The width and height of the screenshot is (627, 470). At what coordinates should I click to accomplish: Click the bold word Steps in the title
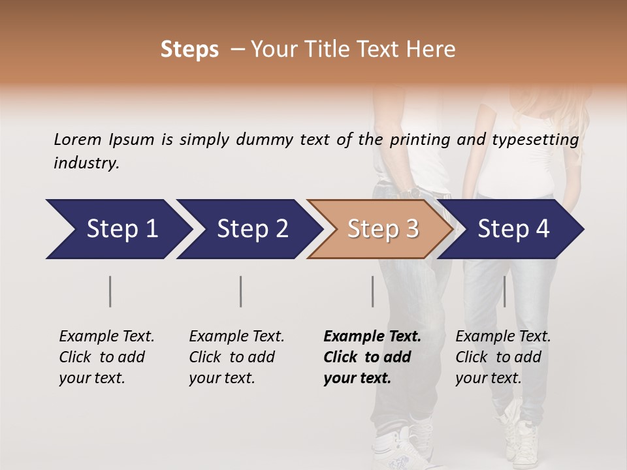pyautogui.click(x=189, y=50)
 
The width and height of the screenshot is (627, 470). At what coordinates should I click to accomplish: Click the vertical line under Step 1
pyautogui.click(x=110, y=291)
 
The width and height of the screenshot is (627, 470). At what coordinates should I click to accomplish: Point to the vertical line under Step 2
pyautogui.click(x=241, y=291)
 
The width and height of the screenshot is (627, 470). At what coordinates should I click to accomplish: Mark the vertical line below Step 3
pyautogui.click(x=373, y=291)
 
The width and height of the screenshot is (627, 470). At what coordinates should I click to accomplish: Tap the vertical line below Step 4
pyautogui.click(x=504, y=291)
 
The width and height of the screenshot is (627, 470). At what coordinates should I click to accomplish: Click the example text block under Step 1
pyautogui.click(x=106, y=357)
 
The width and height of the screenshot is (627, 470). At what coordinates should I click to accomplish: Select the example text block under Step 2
pyautogui.click(x=236, y=357)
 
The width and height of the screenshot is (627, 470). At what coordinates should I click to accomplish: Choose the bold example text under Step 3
pyautogui.click(x=372, y=357)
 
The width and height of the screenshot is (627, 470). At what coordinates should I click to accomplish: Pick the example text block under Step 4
pyautogui.click(x=503, y=357)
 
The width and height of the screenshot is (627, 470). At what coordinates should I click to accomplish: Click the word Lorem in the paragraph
pyautogui.click(x=78, y=139)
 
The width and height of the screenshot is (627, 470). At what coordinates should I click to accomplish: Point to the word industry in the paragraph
pyautogui.click(x=86, y=163)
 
